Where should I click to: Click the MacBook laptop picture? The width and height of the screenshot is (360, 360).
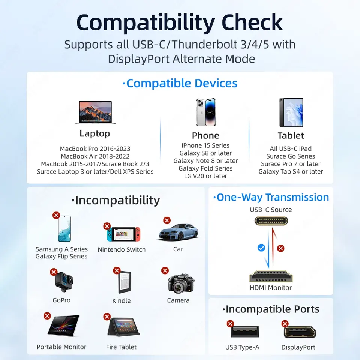point(95,112)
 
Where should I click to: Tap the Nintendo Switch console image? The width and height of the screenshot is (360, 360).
point(123,234)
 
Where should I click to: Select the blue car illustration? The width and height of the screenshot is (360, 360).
point(178,232)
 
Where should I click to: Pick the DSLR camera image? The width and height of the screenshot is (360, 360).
point(181,283)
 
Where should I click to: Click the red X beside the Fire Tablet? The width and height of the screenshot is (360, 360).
point(107,316)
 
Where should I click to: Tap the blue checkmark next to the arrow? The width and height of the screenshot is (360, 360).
point(261,248)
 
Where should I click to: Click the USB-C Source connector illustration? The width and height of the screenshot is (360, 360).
point(271,221)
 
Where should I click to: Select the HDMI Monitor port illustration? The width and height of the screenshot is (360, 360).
point(271,276)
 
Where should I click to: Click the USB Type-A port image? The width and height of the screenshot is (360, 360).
point(245,331)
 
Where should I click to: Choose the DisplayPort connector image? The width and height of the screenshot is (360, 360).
point(300,331)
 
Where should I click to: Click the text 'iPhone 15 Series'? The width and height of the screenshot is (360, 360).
point(205,145)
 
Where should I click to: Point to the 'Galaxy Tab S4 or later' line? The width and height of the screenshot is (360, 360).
point(291,172)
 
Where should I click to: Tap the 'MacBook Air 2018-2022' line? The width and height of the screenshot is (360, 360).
point(95,156)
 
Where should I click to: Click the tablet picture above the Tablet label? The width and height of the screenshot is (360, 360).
point(291,112)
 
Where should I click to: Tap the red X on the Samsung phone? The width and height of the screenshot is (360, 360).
point(56,215)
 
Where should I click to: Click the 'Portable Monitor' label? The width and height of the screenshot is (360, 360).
point(61,346)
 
